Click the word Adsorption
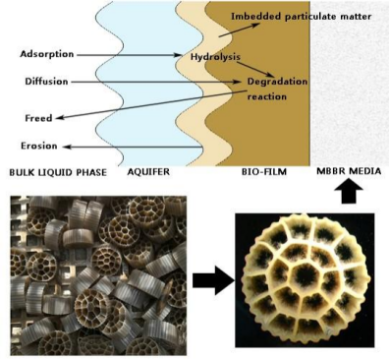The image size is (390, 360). tap(47, 54)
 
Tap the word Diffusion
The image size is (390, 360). tap(46, 82)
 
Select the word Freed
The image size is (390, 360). tap(38, 118)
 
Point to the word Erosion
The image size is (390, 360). tap(39, 146)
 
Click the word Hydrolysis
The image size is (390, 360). tap(215, 57)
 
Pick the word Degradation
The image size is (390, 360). tap(277, 82)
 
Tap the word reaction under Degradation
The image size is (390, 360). tap(267, 96)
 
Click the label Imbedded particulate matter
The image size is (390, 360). tap(301, 17)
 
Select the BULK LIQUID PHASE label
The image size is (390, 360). tap(58, 172)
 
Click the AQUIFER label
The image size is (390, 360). tap(148, 171)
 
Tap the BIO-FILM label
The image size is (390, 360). tap(263, 171)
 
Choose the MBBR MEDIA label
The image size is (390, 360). tap(349, 171)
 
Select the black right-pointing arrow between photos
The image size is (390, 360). tap(213, 280)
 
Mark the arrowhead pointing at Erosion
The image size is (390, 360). tap(67, 147)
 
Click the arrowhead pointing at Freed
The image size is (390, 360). tap(59, 117)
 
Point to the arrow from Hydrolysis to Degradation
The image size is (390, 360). tap(255, 69)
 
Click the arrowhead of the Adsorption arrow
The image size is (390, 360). tap(178, 55)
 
